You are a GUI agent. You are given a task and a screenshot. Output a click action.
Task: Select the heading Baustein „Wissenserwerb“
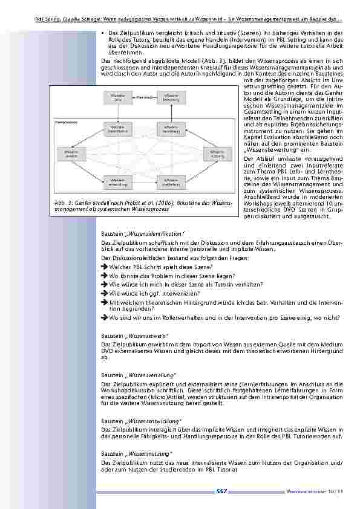point(135,334)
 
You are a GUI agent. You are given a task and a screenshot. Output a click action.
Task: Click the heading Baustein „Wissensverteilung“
point(139,375)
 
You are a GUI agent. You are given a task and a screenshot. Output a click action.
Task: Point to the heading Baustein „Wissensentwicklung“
point(142,420)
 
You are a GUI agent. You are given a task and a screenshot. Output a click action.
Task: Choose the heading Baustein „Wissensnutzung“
point(137,453)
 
